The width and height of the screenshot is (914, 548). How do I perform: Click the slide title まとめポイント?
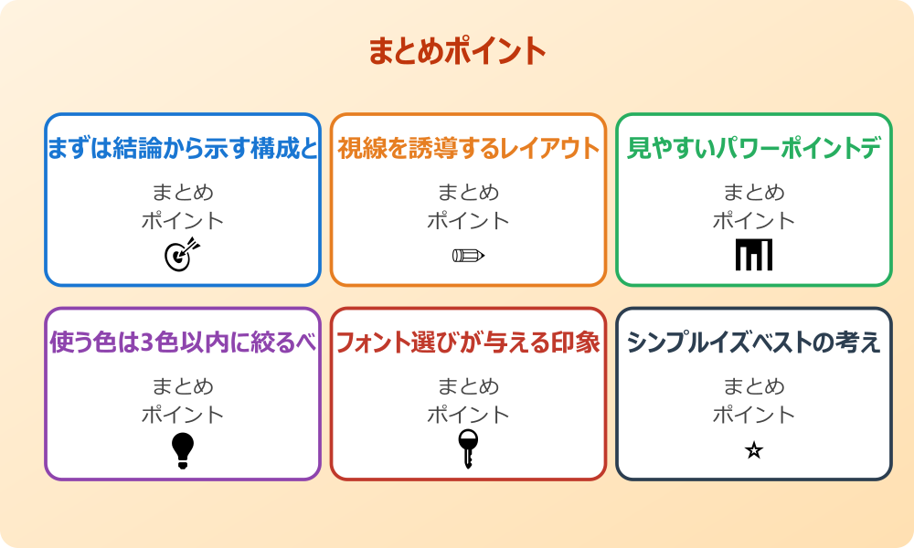click(457, 51)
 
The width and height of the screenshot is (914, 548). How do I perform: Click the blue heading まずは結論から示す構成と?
click(183, 149)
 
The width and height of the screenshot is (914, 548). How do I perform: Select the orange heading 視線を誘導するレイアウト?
click(468, 149)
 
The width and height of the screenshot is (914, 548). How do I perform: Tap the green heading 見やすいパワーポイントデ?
click(754, 149)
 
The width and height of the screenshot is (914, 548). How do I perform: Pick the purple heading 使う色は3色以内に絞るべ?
click(183, 343)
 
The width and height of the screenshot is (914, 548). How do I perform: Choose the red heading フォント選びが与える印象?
click(468, 343)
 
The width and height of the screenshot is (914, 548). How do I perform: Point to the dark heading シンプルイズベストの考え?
click(754, 343)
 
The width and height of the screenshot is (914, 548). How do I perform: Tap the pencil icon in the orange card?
click(468, 255)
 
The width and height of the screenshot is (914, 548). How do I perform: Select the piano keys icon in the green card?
click(754, 255)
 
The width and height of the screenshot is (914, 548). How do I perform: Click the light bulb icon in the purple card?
click(183, 450)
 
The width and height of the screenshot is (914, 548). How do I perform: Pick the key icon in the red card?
click(468, 448)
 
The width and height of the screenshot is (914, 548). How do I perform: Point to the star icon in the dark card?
click(754, 450)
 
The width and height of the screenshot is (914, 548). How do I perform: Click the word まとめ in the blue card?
click(183, 193)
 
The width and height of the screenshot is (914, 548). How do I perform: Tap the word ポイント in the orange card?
click(468, 221)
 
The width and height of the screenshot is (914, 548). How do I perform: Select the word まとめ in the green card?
click(754, 193)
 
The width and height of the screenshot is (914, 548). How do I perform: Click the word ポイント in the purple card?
click(183, 415)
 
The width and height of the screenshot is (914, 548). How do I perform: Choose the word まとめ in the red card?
click(468, 386)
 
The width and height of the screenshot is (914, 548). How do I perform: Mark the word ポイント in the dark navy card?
click(754, 415)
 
